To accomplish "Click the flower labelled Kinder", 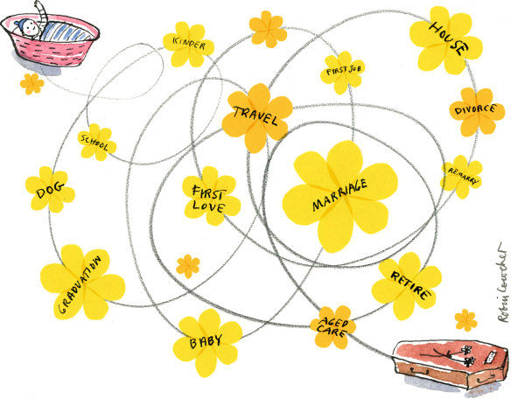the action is pyautogui.click(x=188, y=45).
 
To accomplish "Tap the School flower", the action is pyautogui.click(x=97, y=142).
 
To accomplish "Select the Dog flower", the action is pyautogui.click(x=50, y=189).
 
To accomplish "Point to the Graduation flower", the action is pyautogui.click(x=83, y=283).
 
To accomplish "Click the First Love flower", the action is pyautogui.click(x=211, y=196).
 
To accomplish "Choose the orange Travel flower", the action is pyautogui.click(x=256, y=117).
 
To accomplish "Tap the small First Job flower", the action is pyautogui.click(x=342, y=73).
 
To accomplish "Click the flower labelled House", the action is pyautogui.click(x=446, y=40).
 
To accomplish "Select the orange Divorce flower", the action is pyautogui.click(x=477, y=112).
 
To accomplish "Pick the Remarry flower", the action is pyautogui.click(x=461, y=177).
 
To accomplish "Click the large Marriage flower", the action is pyautogui.click(x=339, y=196).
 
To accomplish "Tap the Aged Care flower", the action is pyautogui.click(x=332, y=327).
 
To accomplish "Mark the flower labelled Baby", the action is pyautogui.click(x=207, y=342).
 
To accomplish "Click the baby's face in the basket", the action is pyautogui.click(x=31, y=29).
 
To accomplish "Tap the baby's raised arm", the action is pyautogui.click(x=41, y=11).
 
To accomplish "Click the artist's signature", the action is pyautogui.click(x=501, y=283).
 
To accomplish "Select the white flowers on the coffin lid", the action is pyautogui.click(x=467, y=354).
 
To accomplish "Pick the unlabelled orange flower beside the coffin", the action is pyautogui.click(x=466, y=320).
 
